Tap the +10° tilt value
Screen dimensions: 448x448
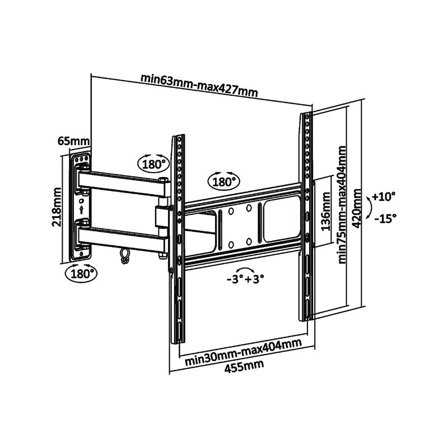click(x=384, y=197)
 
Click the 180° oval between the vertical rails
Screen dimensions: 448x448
click(x=223, y=181)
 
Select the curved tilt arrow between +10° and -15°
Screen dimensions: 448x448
click(x=367, y=208)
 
